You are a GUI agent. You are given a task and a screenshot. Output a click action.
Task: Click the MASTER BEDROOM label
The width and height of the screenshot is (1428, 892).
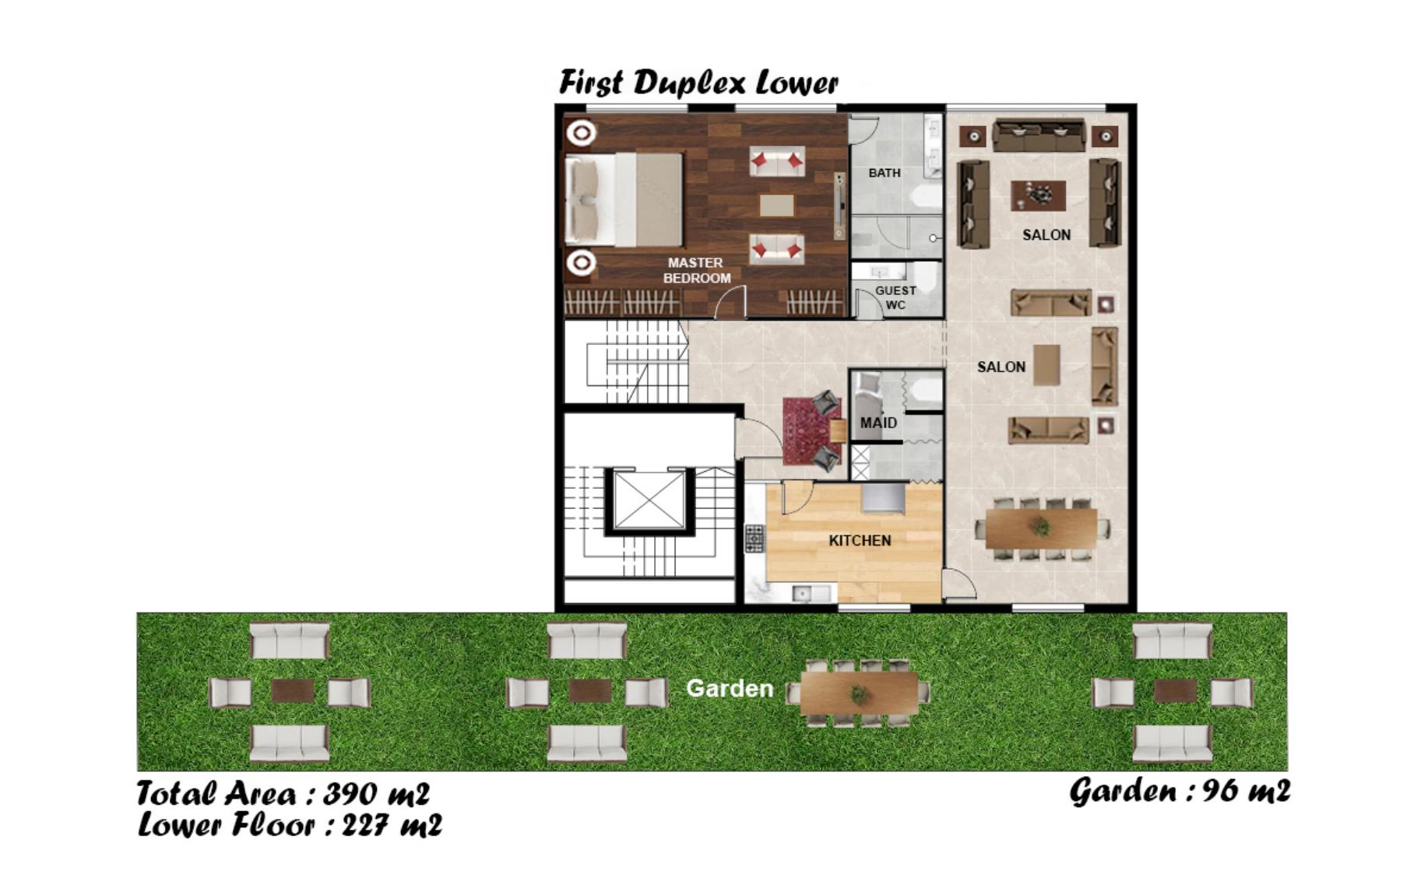[x=697, y=270]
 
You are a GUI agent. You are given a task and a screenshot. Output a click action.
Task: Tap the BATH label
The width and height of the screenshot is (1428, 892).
[x=885, y=173]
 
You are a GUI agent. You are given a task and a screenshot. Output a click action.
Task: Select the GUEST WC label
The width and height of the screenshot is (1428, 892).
[x=895, y=297]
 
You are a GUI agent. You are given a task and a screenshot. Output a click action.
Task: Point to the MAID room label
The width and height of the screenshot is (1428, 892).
[x=878, y=423]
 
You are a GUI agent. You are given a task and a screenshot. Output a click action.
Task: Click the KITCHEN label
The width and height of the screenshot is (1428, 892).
[x=860, y=540]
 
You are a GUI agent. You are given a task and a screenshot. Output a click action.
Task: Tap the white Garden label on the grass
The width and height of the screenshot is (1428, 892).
[x=730, y=688]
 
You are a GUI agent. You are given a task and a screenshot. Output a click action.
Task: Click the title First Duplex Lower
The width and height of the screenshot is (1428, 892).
[x=698, y=83]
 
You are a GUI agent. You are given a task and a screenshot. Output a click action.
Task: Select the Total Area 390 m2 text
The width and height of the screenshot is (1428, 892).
[x=283, y=794]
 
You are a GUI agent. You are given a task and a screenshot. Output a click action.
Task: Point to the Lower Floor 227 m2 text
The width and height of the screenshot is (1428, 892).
[x=290, y=825]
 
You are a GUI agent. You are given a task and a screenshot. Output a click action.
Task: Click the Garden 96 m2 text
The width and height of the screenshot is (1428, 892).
[x=1180, y=792]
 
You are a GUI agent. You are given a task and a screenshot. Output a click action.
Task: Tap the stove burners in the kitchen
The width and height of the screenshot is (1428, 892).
[x=754, y=539]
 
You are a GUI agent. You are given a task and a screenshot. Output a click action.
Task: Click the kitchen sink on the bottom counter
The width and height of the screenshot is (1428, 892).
[x=801, y=594]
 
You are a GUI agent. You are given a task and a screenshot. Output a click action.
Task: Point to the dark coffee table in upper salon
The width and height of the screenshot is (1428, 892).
[x=1039, y=195]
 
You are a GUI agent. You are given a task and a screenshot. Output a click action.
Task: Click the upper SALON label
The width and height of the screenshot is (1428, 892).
[x=1046, y=234]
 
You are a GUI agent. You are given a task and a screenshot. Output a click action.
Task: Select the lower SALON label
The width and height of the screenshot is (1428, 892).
[x=1001, y=367]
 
